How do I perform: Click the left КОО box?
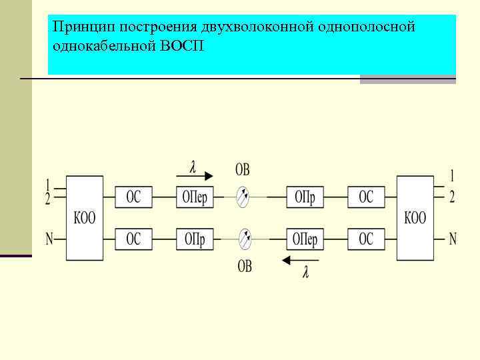(x=84, y=217)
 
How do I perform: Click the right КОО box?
(x=415, y=217)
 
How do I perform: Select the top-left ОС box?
(x=133, y=197)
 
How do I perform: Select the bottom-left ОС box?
(x=133, y=238)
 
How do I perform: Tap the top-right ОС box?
(x=366, y=197)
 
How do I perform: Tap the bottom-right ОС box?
(x=366, y=238)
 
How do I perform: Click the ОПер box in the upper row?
(x=195, y=197)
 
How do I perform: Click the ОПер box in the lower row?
(x=305, y=238)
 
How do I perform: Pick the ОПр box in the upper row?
(x=305, y=197)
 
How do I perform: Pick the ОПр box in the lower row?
(x=195, y=238)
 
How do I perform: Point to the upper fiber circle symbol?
(x=244, y=196)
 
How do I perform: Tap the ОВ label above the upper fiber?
(x=242, y=170)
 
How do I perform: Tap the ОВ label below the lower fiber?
(x=245, y=267)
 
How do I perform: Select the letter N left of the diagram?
(x=49, y=238)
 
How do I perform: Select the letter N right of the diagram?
(x=453, y=238)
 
